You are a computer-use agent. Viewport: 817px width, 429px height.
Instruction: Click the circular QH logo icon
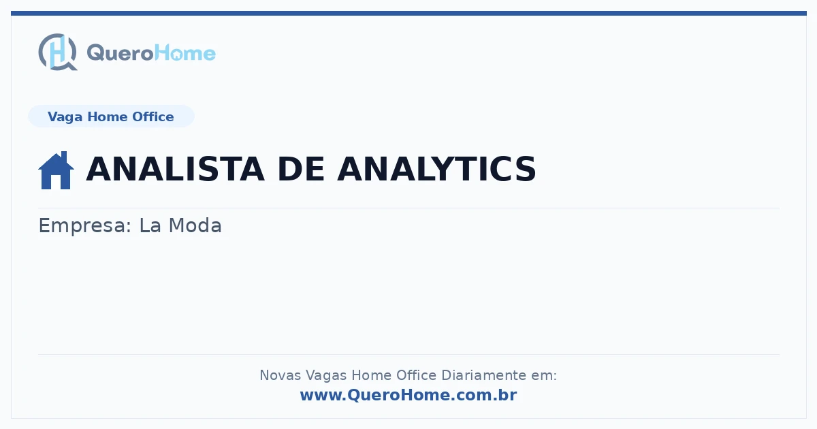58,52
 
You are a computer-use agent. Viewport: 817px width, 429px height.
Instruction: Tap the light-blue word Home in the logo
185,53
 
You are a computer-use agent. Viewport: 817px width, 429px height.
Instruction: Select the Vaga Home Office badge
111,116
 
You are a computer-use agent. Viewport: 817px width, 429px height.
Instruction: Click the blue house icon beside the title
56,170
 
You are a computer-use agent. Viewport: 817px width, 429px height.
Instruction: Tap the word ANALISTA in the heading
175,169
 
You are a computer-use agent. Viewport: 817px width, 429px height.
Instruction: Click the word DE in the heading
300,169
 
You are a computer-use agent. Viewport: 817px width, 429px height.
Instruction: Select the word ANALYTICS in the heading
436,169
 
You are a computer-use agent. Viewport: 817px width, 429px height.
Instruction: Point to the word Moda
195,225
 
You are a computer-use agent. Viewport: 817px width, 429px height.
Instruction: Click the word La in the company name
150,225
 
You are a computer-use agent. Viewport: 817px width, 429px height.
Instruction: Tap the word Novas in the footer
280,375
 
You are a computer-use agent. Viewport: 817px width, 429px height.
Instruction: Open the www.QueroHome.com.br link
408,395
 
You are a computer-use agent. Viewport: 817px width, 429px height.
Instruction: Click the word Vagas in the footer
326,375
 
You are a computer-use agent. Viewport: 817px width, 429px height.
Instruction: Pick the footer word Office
416,375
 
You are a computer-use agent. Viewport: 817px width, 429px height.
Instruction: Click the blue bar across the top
408,13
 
